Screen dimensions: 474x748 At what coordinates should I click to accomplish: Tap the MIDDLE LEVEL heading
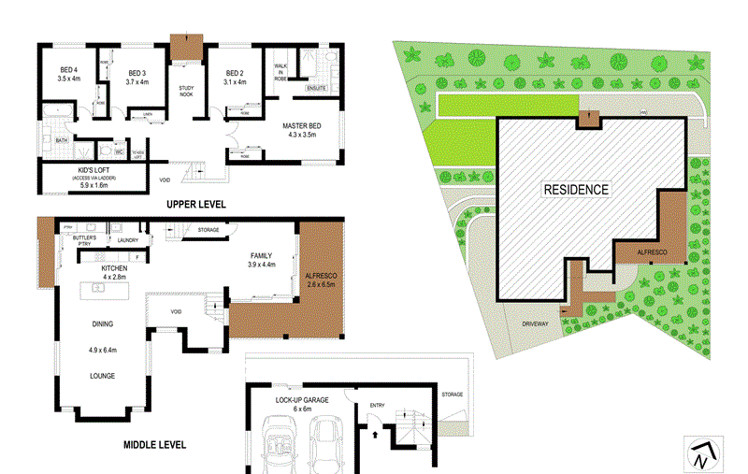tap(154, 445)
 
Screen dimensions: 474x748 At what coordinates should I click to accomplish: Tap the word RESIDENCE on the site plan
tap(576, 189)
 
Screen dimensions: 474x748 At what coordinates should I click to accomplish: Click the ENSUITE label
tap(319, 87)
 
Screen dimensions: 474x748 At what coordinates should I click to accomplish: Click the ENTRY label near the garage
tap(377, 405)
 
